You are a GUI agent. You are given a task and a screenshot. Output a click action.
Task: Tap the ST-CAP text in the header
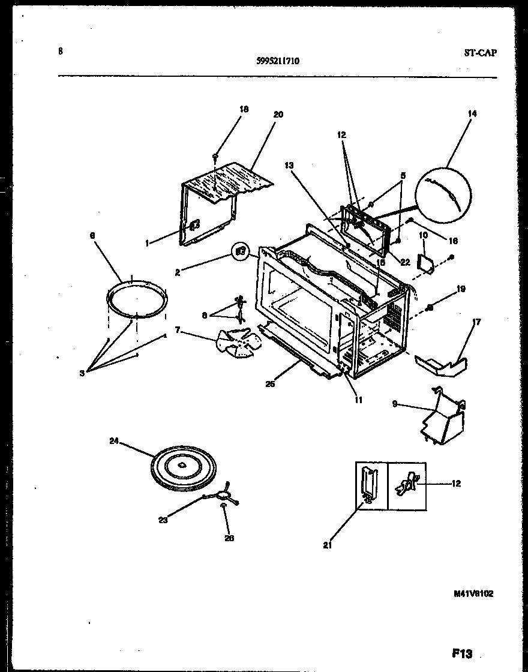pyautogui.click(x=479, y=53)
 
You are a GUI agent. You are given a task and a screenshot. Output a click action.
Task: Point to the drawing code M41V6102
pyautogui.click(x=473, y=593)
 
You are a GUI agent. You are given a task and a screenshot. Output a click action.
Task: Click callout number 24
pyautogui.click(x=114, y=442)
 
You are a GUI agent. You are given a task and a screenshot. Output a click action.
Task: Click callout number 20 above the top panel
pyautogui.click(x=278, y=115)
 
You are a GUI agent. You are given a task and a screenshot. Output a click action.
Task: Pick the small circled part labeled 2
pyautogui.click(x=241, y=251)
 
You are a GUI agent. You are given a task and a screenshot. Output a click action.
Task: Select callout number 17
pyautogui.click(x=477, y=322)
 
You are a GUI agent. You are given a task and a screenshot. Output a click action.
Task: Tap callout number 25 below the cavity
pyautogui.click(x=270, y=384)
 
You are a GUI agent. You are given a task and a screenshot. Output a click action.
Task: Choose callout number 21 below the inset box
pyautogui.click(x=326, y=546)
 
